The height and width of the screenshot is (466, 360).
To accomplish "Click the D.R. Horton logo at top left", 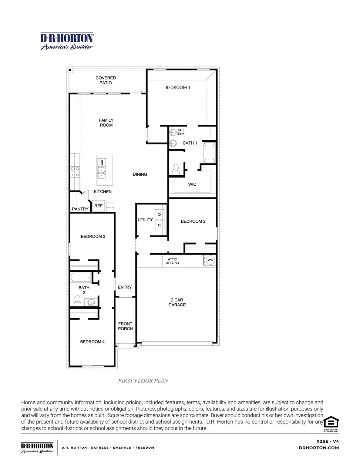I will pyautogui.click(x=67, y=41).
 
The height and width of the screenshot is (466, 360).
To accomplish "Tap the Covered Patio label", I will pyautogui.click(x=106, y=80).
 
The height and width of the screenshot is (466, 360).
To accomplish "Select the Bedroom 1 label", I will pyautogui.click(x=178, y=87).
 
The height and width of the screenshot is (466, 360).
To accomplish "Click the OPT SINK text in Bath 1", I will pyautogui.click(x=181, y=132).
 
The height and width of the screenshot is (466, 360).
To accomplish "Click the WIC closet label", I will pyautogui.click(x=192, y=184).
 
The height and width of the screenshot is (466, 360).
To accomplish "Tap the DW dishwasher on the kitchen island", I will pyautogui.click(x=102, y=162).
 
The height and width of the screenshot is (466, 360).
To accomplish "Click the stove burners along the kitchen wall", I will pyautogui.click(x=75, y=172).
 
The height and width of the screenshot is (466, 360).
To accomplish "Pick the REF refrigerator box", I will pyautogui.click(x=98, y=206).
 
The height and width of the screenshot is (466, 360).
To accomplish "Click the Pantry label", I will pyautogui.click(x=80, y=209).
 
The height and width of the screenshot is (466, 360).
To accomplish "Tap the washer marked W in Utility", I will pyautogui.click(x=160, y=214).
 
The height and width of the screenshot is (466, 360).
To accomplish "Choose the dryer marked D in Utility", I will pyautogui.click(x=160, y=225).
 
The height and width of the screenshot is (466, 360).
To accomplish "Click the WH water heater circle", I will pyautogui.click(x=210, y=260).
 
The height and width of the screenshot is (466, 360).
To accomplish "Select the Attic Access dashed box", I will pyautogui.click(x=172, y=261).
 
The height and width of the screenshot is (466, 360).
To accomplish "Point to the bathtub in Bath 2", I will pyautogui.click(x=81, y=277).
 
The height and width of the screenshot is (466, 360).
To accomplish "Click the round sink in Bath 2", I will pyautogui.click(x=91, y=302).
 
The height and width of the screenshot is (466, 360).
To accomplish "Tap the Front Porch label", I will pyautogui.click(x=125, y=326).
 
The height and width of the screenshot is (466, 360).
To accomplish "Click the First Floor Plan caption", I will pyautogui.click(x=143, y=381).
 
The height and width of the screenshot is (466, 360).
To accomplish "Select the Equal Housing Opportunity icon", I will pyautogui.click(x=331, y=423).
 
